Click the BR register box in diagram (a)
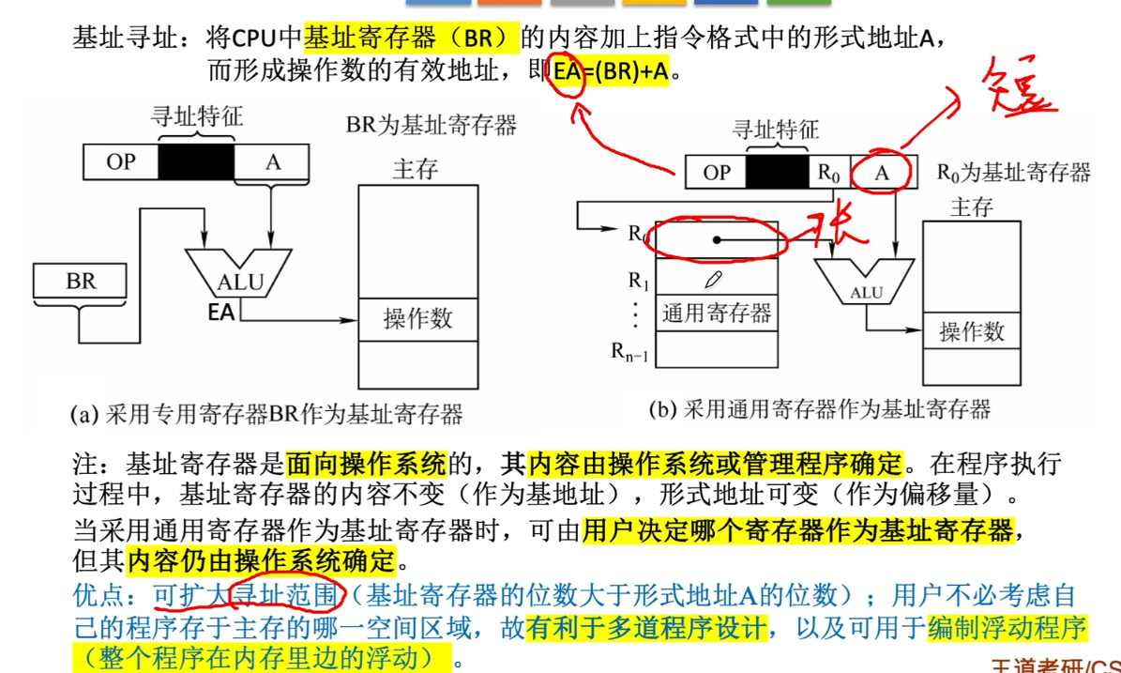81,281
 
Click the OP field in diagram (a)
121,162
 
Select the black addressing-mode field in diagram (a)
196,162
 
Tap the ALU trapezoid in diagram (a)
240,274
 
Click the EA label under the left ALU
221,313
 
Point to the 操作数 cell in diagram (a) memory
417,319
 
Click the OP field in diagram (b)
717,172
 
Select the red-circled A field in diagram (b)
882,172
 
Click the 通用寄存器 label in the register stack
717,313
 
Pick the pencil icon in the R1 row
714,280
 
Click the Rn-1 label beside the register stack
630,351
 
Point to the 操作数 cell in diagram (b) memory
972,331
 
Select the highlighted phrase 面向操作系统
366,463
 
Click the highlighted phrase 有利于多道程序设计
645,625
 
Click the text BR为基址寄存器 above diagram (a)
432,125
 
